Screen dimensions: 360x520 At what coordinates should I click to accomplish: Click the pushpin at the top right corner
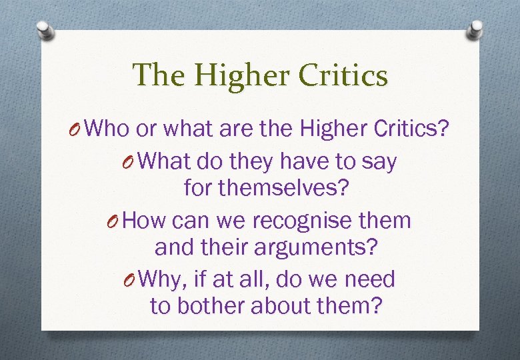475,30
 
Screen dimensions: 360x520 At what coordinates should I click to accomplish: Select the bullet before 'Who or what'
77,128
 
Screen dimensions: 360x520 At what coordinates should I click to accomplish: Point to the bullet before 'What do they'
134,161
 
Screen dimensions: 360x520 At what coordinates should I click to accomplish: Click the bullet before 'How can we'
115,220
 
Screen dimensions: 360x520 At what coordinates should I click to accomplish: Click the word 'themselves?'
266,189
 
